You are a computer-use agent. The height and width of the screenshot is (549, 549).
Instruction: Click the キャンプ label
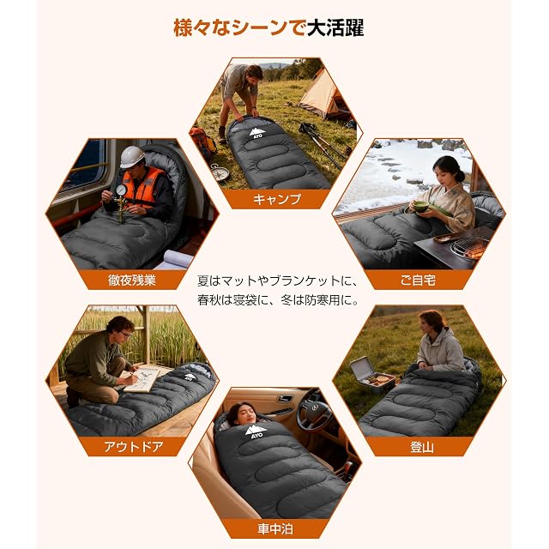click(x=276, y=199)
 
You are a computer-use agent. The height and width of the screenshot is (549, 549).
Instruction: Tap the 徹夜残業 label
click(x=131, y=281)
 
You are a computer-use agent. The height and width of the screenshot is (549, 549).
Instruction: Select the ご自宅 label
click(x=418, y=281)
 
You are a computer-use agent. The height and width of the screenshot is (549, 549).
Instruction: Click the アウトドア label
click(x=134, y=447)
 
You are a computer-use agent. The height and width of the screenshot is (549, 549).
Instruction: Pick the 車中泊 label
click(x=275, y=528)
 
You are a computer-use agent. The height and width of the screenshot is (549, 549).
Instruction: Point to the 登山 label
click(x=421, y=447)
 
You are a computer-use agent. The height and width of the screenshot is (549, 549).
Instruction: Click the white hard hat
click(x=131, y=156)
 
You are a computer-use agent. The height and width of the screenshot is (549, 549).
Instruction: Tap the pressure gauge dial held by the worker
click(x=121, y=190)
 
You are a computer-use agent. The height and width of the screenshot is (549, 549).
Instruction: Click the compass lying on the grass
click(x=221, y=173)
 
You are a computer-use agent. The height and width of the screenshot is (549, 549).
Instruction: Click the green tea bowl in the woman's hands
click(x=421, y=206)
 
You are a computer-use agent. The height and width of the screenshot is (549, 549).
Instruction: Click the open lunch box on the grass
click(x=372, y=375)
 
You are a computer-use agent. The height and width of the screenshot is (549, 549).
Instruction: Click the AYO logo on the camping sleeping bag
click(x=257, y=134)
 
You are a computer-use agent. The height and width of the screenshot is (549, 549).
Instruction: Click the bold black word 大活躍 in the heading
click(x=335, y=28)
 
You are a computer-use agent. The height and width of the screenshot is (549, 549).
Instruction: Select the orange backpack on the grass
click(x=202, y=142)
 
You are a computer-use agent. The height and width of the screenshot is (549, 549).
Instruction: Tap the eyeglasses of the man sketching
click(x=125, y=335)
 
